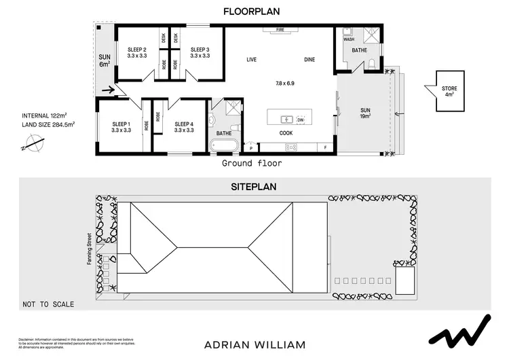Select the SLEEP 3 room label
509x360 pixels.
(200, 52)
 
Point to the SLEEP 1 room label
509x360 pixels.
(121, 126)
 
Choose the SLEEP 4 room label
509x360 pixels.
(184, 126)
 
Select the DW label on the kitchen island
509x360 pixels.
(300, 119)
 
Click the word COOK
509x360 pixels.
(286, 133)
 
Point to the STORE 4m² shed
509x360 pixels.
(447, 91)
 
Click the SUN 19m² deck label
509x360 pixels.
(364, 113)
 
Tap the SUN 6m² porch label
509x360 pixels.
(105, 60)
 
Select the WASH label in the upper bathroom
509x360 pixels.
(349, 39)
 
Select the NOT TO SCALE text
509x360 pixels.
(48, 304)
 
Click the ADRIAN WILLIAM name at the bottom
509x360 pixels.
(254, 344)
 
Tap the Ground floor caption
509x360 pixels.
(252, 164)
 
